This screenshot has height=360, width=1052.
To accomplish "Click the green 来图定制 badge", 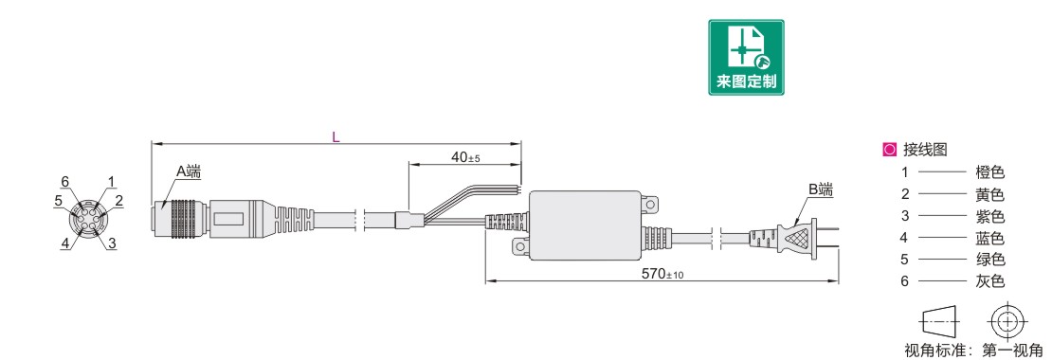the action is click(746, 57).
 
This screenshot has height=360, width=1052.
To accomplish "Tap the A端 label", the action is click(189, 171).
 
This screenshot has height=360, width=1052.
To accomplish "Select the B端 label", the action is click(820, 189).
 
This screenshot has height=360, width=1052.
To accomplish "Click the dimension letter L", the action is click(336, 136).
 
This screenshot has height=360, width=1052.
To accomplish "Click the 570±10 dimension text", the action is click(662, 274).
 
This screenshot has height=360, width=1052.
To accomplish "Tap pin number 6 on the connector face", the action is click(65, 181).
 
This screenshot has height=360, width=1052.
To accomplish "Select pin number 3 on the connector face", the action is click(112, 244).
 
